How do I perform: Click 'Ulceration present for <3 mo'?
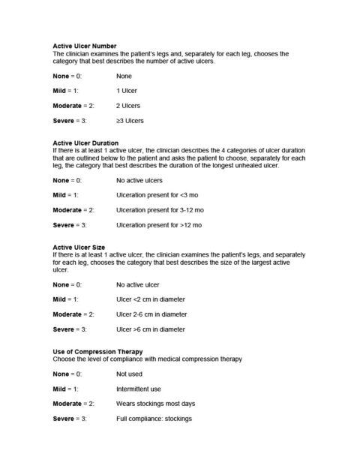point(157,194)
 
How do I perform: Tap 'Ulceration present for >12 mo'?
point(159,224)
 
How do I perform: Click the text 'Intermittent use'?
point(139,389)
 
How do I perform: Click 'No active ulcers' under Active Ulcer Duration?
point(139,180)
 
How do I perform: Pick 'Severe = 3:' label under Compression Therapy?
point(70,419)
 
